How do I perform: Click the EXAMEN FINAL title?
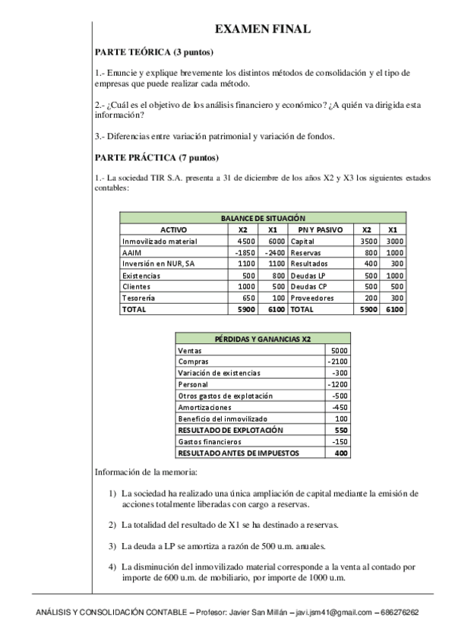tap(262, 29)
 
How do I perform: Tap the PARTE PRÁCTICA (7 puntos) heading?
tap(156, 157)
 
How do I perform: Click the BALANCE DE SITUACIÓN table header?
tap(263, 218)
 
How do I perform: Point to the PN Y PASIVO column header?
tap(320, 229)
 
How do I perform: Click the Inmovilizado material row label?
tap(160, 241)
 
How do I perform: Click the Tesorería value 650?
tap(246, 298)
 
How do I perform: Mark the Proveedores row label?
tap(311, 298)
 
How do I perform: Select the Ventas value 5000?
tap(338, 350)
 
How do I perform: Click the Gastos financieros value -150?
tap(338, 441)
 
